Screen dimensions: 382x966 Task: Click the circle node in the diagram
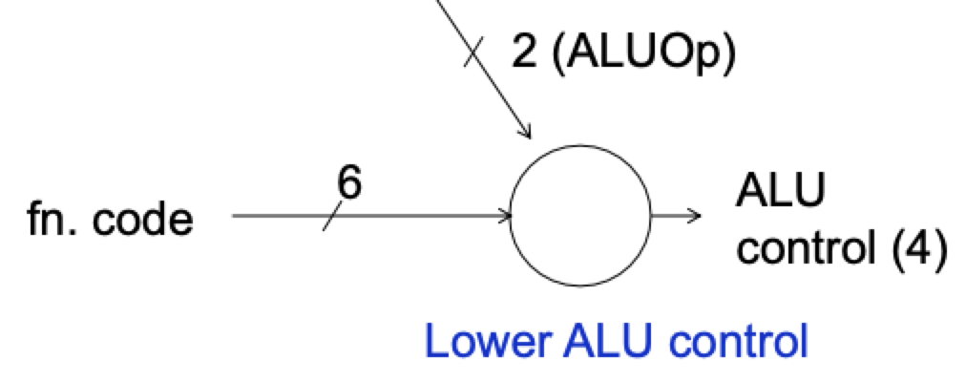coord(580,216)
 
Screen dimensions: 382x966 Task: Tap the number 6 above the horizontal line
coord(350,184)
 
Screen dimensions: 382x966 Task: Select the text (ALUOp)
coord(645,54)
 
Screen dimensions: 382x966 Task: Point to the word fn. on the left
coord(56,221)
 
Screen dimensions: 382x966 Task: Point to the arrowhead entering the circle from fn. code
coord(505,216)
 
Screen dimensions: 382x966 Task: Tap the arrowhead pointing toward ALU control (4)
coord(696,216)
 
